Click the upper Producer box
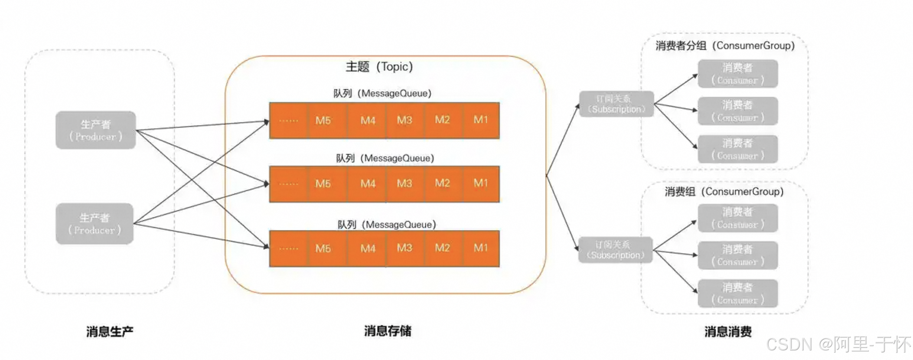[95, 130]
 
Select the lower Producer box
[95, 223]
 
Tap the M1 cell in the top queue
[481, 120]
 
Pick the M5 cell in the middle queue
[323, 184]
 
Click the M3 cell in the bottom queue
[404, 248]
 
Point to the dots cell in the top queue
[288, 120]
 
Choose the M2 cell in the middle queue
[443, 184]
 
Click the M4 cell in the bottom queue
[368, 248]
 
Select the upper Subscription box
[616, 104]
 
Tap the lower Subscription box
[616, 250]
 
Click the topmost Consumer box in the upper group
[737, 74]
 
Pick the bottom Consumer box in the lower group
[737, 294]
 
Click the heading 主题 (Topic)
[379, 67]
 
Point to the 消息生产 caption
[110, 332]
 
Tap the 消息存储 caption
[388, 331]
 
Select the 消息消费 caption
[728, 332]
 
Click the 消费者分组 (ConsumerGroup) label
[725, 46]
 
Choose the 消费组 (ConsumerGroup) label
[724, 192]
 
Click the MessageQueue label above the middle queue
[385, 158]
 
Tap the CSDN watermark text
[838, 344]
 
